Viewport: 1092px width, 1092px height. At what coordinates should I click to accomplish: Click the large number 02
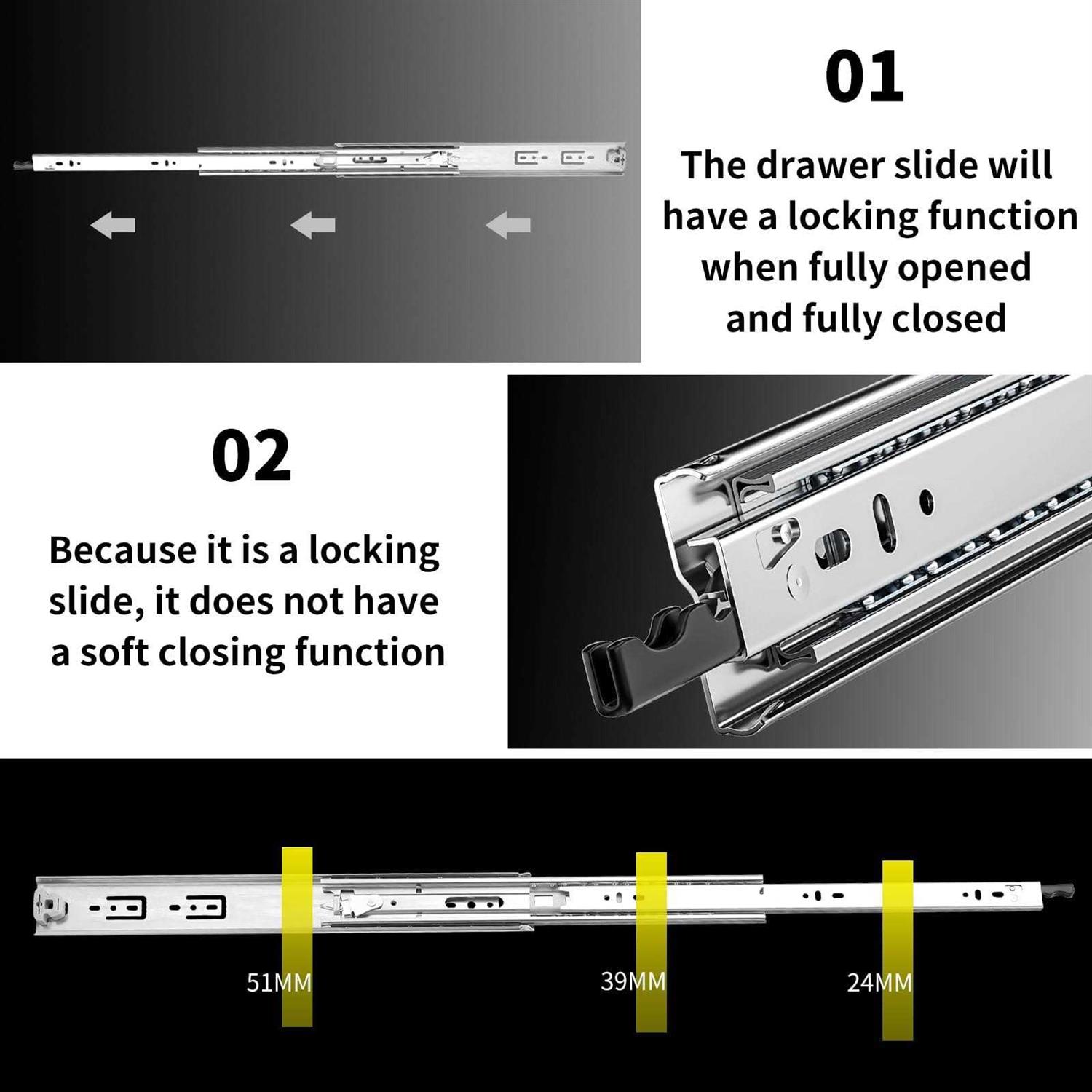pos(251,456)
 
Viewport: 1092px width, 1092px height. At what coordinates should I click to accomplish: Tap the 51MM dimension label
pos(279,983)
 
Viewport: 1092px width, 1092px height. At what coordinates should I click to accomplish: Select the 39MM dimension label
pos(633,981)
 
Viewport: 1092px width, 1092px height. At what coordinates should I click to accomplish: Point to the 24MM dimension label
pos(879,983)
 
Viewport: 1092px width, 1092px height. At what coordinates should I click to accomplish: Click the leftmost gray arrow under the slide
pos(114,225)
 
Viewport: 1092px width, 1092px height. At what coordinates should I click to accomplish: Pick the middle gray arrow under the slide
pos(313,225)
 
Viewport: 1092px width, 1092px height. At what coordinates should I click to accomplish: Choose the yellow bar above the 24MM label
pos(898,881)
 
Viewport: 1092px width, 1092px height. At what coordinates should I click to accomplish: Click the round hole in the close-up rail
pos(926,500)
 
